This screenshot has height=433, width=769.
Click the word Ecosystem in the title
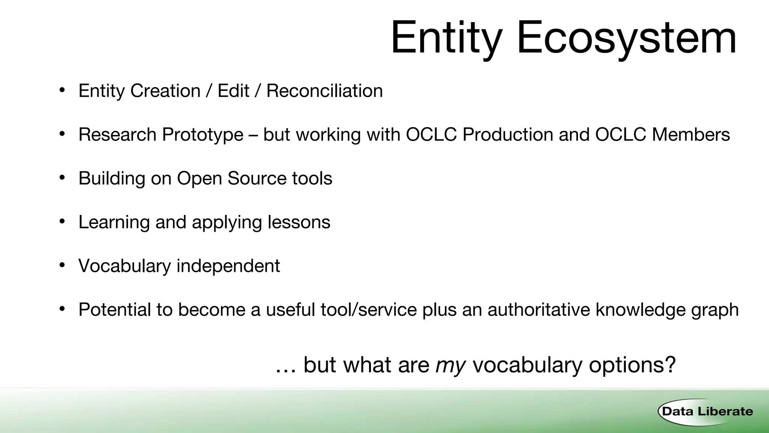tap(626, 38)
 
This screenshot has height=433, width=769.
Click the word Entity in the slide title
tap(446, 38)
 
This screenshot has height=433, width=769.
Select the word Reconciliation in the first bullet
tap(324, 91)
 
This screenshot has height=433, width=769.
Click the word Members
tap(691, 135)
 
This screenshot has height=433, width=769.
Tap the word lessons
tap(299, 222)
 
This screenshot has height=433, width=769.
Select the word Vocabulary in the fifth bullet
tap(125, 266)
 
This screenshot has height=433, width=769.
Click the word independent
tap(228, 266)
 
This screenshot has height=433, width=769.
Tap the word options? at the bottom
tap(632, 365)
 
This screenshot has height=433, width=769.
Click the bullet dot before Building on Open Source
tap(62, 177)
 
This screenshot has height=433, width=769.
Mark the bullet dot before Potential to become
tap(62, 309)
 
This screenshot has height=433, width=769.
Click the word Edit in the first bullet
tap(233, 91)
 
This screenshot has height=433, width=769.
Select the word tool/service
tap(368, 310)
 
